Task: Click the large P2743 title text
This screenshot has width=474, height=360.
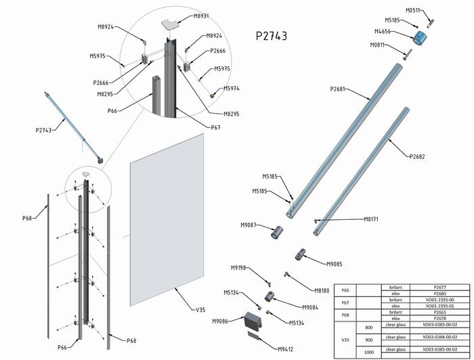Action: [x=271, y=36]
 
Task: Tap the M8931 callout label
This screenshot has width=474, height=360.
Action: [x=201, y=16]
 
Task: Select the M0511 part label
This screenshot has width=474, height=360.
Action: [x=413, y=10]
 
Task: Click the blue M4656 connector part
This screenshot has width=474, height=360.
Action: [x=420, y=37]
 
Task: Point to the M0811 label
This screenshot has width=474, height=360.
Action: [x=379, y=45]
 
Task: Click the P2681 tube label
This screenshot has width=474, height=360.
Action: [x=339, y=89]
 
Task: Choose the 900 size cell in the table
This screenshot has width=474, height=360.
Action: [x=368, y=339]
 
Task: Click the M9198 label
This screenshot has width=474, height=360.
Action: [x=239, y=268]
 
